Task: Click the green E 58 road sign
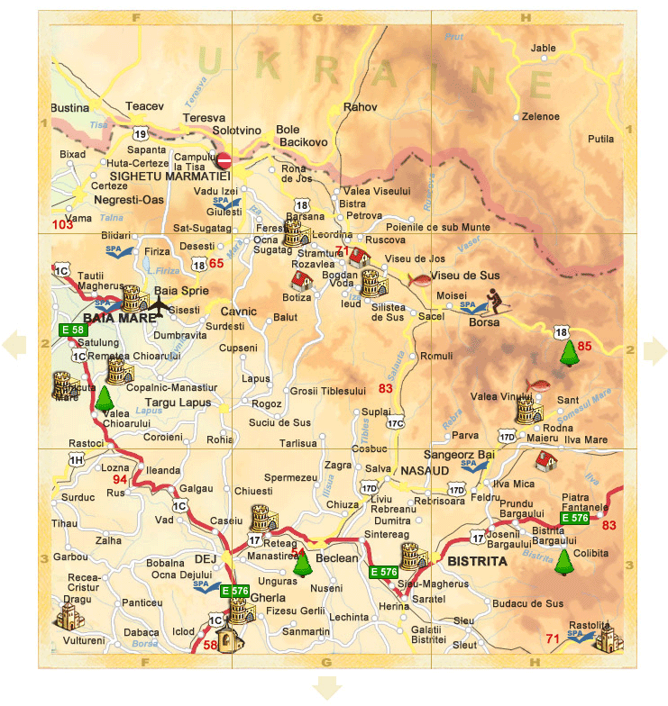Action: [72, 330]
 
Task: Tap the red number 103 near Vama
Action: [63, 223]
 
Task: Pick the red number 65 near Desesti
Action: [215, 264]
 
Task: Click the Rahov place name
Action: [361, 107]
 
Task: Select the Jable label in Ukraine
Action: [544, 48]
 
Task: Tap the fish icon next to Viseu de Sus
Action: [419, 279]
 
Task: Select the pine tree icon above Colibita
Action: [563, 562]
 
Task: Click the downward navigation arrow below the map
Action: [327, 690]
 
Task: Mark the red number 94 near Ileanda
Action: [120, 480]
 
